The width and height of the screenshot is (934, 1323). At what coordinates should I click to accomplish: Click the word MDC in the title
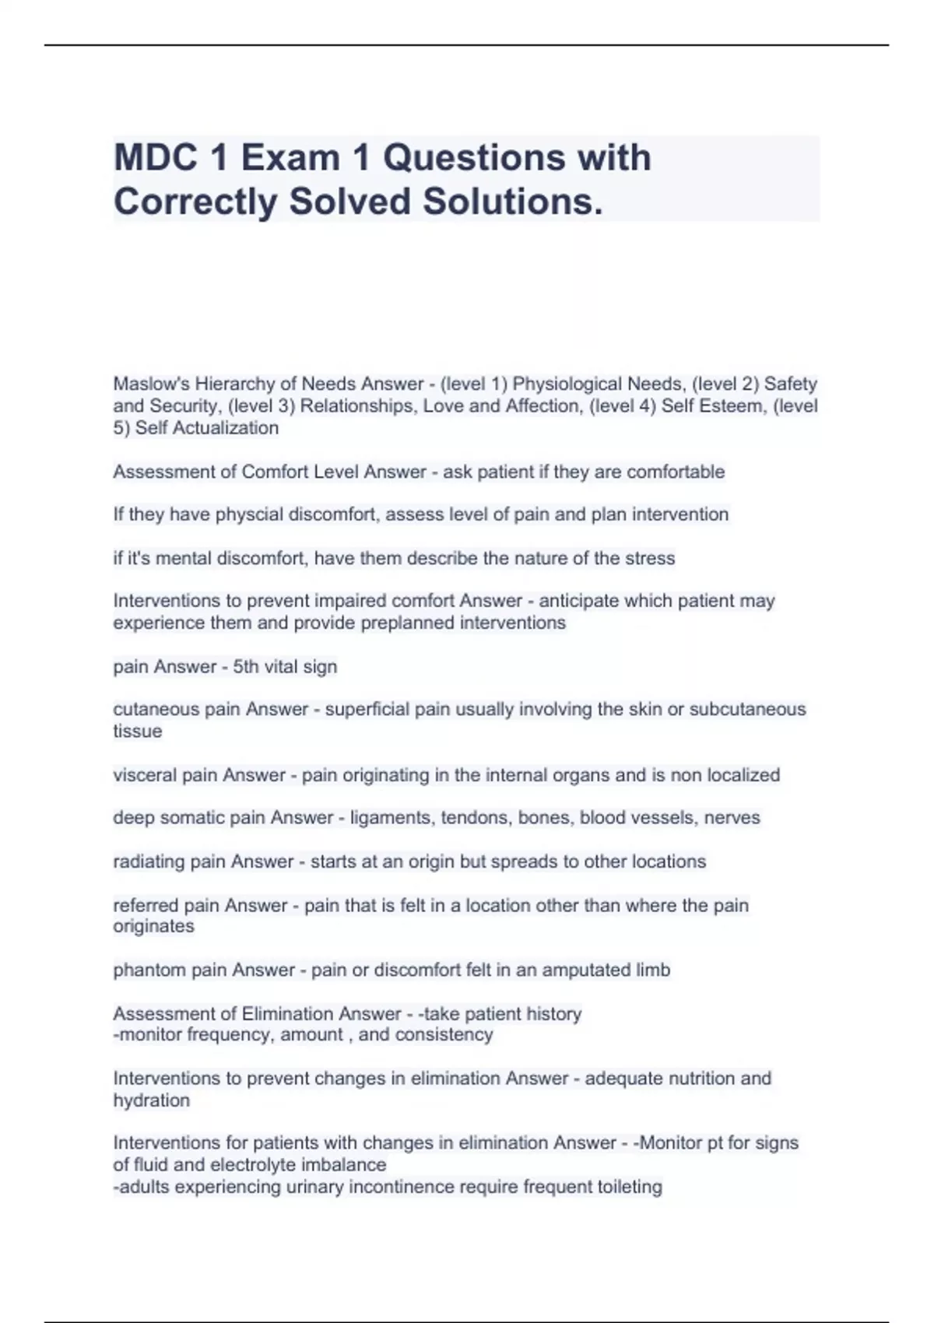pos(152,157)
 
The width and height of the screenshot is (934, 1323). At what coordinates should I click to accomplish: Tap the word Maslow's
pos(151,384)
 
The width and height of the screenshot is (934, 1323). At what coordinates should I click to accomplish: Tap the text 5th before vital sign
pos(246,666)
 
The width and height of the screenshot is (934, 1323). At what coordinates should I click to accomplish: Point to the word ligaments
pos(392,818)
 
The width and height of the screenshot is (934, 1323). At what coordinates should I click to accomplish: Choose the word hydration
pos(151,1100)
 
